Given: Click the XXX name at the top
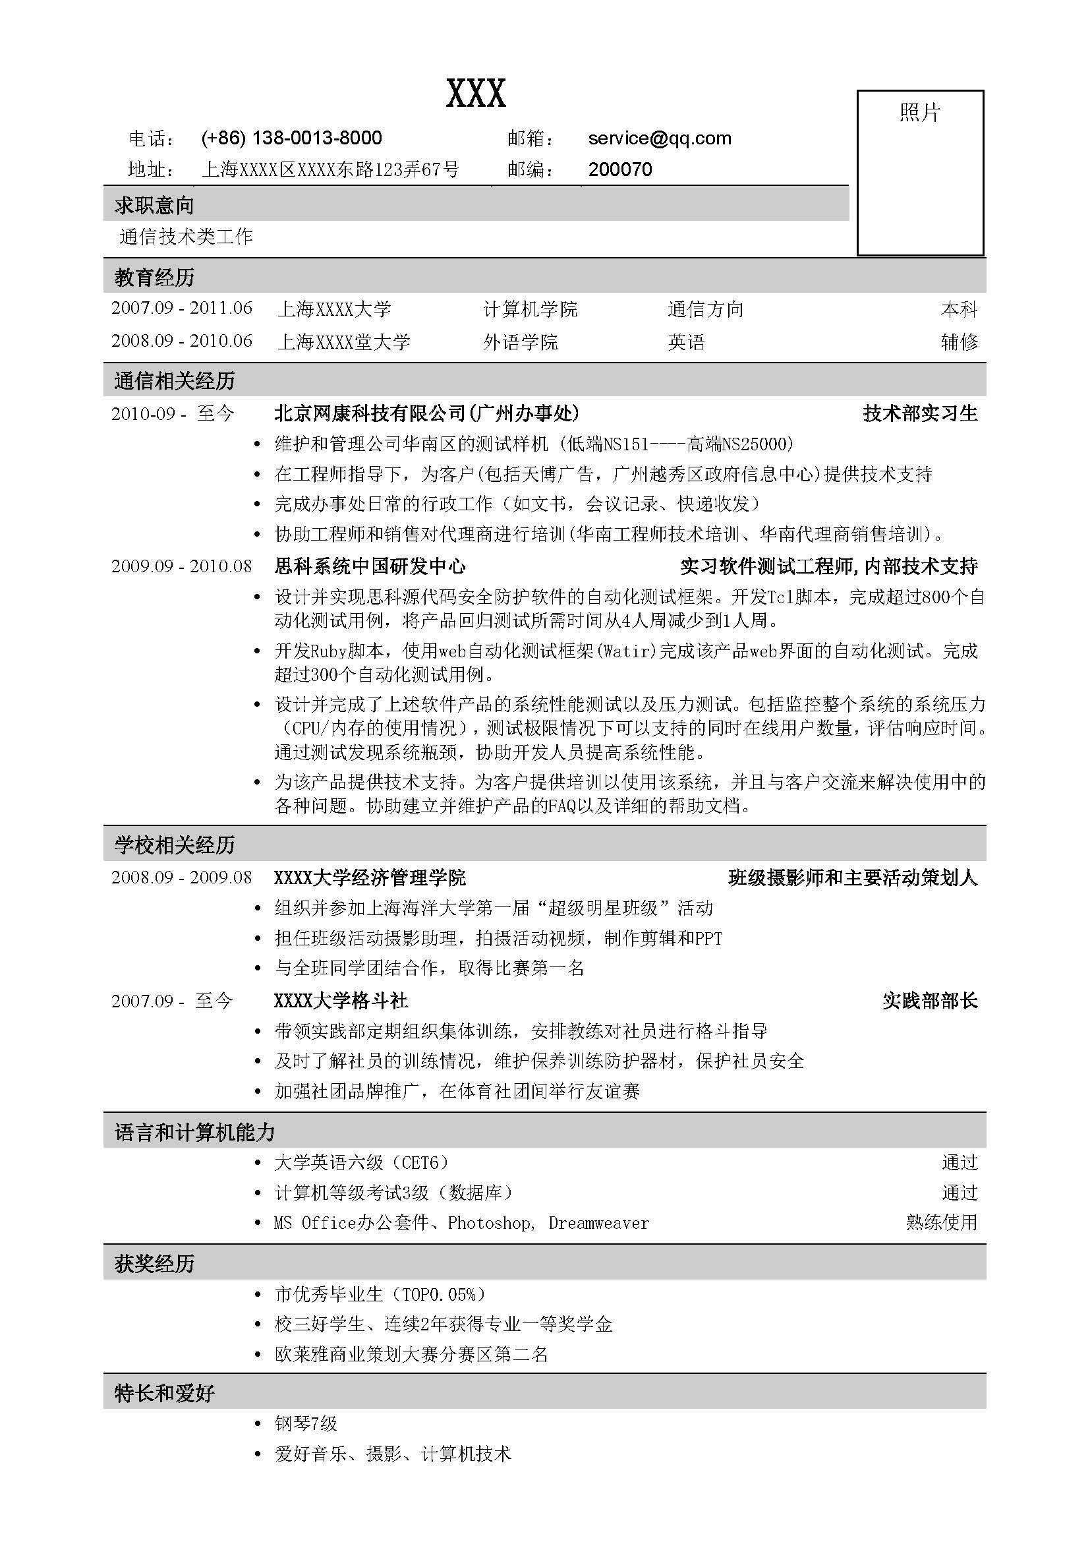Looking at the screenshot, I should pyautogui.click(x=476, y=94).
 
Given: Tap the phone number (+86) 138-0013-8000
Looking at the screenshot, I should pyautogui.click(x=291, y=138).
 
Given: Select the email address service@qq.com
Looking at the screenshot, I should pyautogui.click(x=659, y=138).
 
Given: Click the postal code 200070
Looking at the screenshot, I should pyautogui.click(x=619, y=169).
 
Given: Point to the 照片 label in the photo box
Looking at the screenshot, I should pyautogui.click(x=919, y=112).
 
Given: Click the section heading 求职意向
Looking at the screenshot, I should pyautogui.click(x=154, y=206).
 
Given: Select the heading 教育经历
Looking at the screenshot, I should pyautogui.click(x=154, y=277).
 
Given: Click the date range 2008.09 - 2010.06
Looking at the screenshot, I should pyautogui.click(x=182, y=341).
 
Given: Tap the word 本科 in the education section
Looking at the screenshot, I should pyautogui.click(x=958, y=309).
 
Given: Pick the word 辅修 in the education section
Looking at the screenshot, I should pyautogui.click(x=958, y=342).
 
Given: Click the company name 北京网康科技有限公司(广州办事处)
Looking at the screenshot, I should pyautogui.click(x=426, y=413).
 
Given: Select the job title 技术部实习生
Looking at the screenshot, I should pyautogui.click(x=919, y=413).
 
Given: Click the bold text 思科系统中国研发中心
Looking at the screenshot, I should pyautogui.click(x=370, y=566).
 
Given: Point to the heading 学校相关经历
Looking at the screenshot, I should pyautogui.click(x=175, y=845).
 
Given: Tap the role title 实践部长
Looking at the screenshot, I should pyautogui.click(x=930, y=1001).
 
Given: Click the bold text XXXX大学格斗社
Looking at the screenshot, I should pyautogui.click(x=341, y=1001).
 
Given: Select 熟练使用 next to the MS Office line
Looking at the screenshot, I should pyautogui.click(x=941, y=1222).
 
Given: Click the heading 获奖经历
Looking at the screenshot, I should pyautogui.click(x=154, y=1263).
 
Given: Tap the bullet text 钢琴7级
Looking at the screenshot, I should pyautogui.click(x=305, y=1423).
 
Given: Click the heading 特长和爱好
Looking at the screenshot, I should pyautogui.click(x=165, y=1393).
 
